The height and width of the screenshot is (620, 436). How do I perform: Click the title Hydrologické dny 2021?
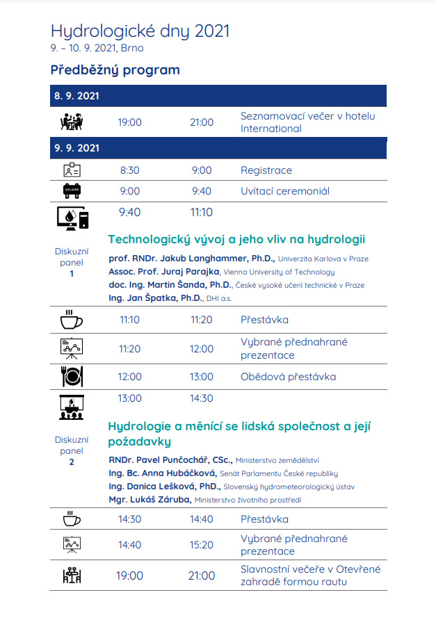click(140, 31)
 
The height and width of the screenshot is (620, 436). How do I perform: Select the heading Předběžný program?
click(115, 70)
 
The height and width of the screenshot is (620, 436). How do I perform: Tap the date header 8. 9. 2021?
click(76, 96)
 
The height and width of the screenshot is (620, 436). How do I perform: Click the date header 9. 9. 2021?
click(76, 148)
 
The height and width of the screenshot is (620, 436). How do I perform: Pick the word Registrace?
click(266, 170)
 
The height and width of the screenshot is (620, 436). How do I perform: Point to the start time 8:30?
click(129, 170)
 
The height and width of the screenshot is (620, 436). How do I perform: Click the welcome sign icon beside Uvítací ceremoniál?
click(72, 191)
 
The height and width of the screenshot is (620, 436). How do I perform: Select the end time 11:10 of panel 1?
click(202, 213)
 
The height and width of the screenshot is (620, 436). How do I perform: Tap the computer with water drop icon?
click(72, 218)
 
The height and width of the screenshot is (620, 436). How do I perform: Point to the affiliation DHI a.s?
click(218, 298)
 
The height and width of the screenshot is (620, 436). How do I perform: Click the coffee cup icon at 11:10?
click(72, 320)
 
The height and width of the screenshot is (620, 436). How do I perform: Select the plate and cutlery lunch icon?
click(72, 377)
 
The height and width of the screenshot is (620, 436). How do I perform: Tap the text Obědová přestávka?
click(288, 377)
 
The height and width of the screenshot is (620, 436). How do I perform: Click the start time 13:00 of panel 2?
click(129, 398)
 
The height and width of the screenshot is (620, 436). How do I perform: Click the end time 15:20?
click(202, 545)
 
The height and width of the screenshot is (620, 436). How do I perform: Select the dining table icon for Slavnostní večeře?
click(72, 576)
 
